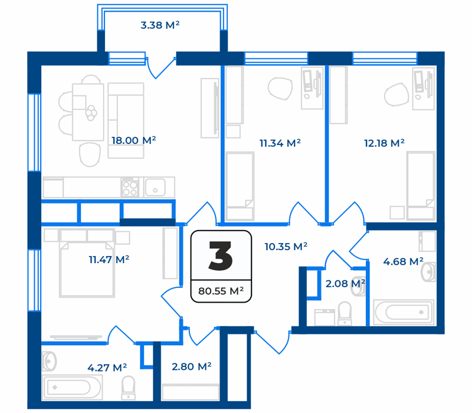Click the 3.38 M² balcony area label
click(160, 25)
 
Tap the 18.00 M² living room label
click(134, 140)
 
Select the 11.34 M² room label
click(280, 143)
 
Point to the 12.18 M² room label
click(384, 143)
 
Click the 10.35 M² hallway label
click(286, 247)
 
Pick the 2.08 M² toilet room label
click(345, 283)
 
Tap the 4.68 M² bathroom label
click(403, 261)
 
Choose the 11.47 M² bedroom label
click(109, 260)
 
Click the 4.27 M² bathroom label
click(107, 368)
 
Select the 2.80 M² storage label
click(191, 366)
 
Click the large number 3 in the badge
click(221, 256)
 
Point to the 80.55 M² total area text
click(221, 291)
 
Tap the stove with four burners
click(130, 187)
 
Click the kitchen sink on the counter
click(155, 187)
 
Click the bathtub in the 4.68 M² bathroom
click(404, 312)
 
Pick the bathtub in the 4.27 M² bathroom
click(71, 388)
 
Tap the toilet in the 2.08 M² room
click(345, 313)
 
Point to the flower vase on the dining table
click(91, 113)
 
